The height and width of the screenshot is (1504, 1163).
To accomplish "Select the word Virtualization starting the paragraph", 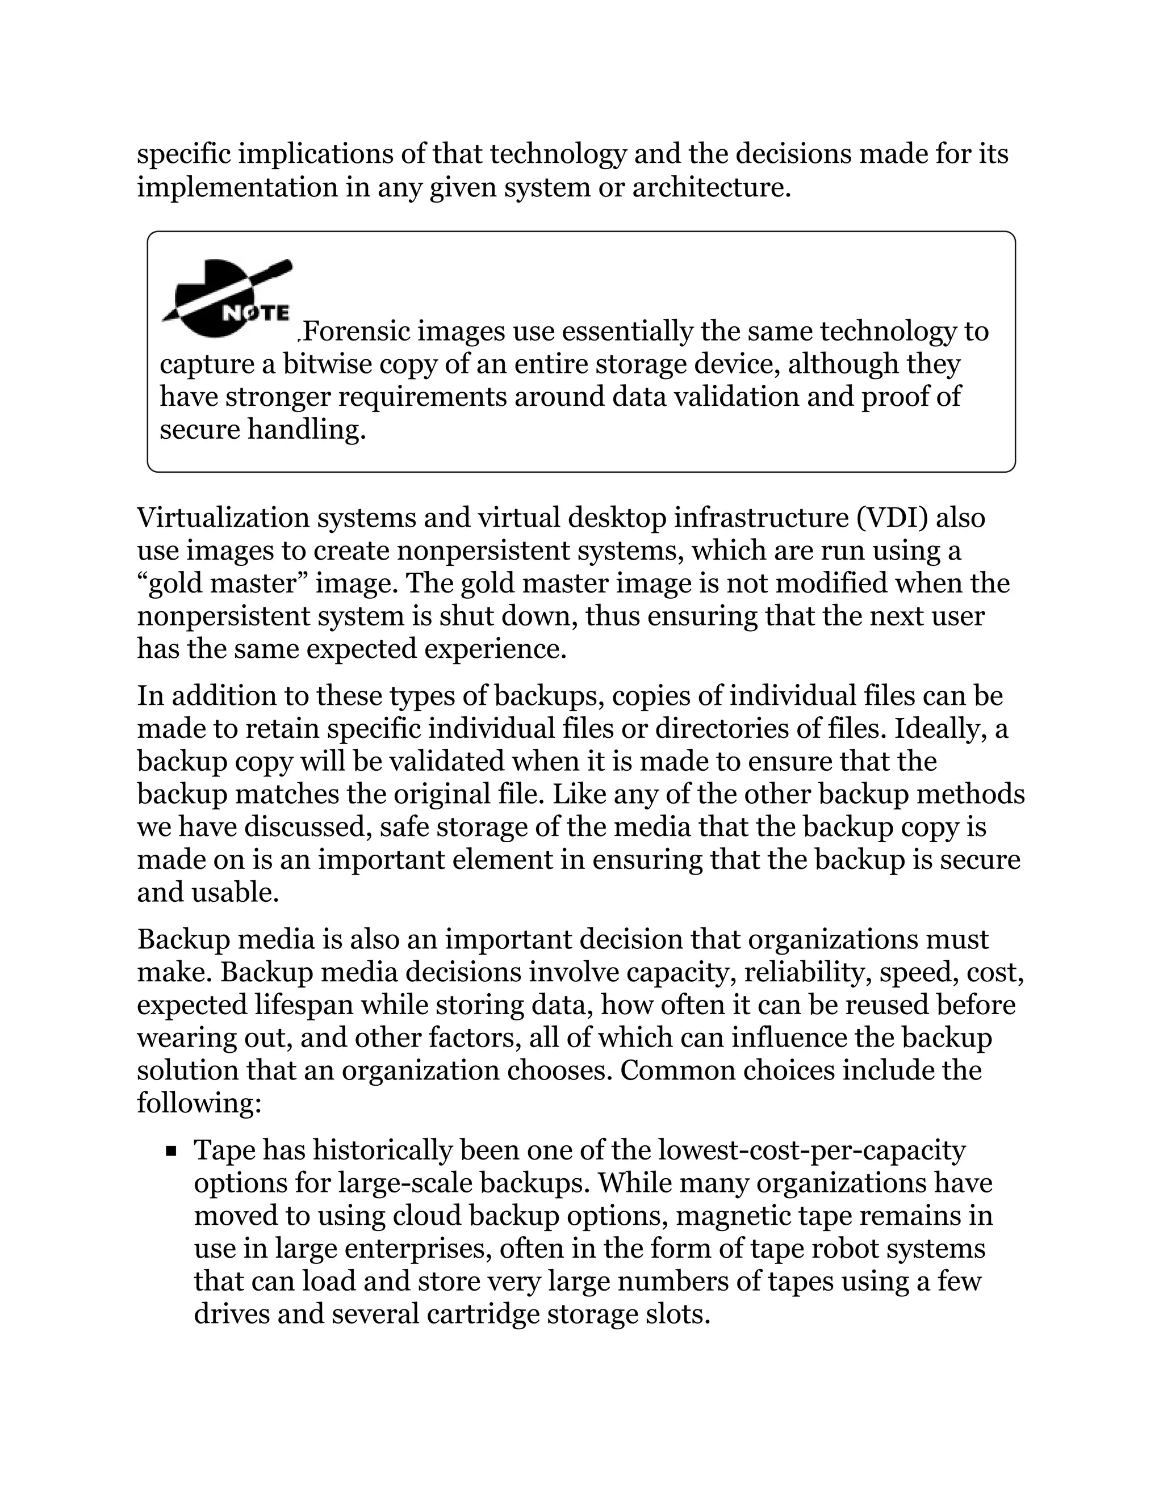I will (222, 518).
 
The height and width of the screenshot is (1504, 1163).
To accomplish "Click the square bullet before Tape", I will (171, 1151).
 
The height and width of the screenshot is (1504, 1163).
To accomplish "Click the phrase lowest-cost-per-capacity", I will (811, 1150).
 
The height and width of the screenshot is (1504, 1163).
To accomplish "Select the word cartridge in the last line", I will (482, 1314).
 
